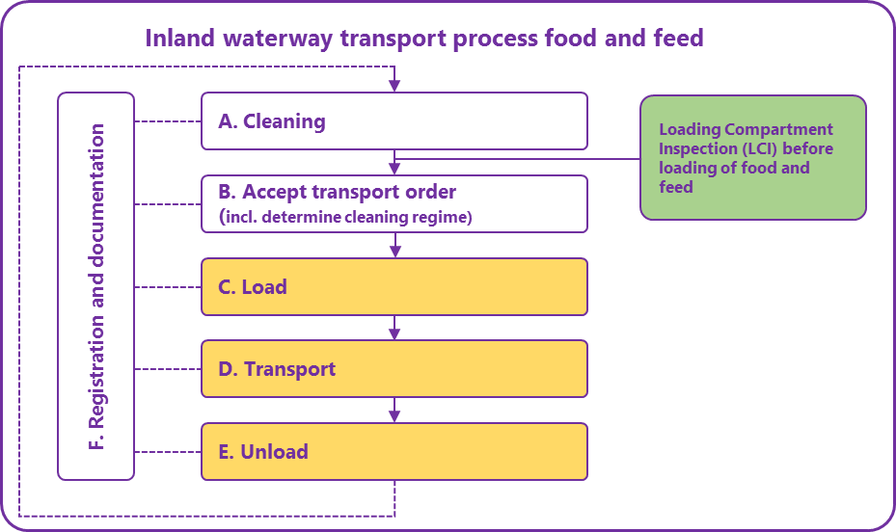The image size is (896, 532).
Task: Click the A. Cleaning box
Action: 394,121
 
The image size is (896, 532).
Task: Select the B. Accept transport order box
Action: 394,203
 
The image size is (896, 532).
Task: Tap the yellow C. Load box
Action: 394,286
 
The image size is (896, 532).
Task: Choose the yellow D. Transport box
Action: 394,368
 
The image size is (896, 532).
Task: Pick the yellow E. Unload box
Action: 394,451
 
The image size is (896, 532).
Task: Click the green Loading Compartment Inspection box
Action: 752,158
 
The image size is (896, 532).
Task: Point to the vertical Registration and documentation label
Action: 96,286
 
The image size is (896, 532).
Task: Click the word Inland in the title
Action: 180,39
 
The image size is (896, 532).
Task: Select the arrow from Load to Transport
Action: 394,328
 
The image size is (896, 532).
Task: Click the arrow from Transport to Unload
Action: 394,410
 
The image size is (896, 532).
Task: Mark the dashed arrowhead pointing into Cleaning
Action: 394,86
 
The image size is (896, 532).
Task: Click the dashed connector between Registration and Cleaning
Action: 167,121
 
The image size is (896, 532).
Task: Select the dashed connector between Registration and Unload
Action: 167,451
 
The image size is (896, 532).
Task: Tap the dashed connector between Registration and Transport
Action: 167,368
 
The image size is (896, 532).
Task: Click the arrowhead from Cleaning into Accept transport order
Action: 394,168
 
